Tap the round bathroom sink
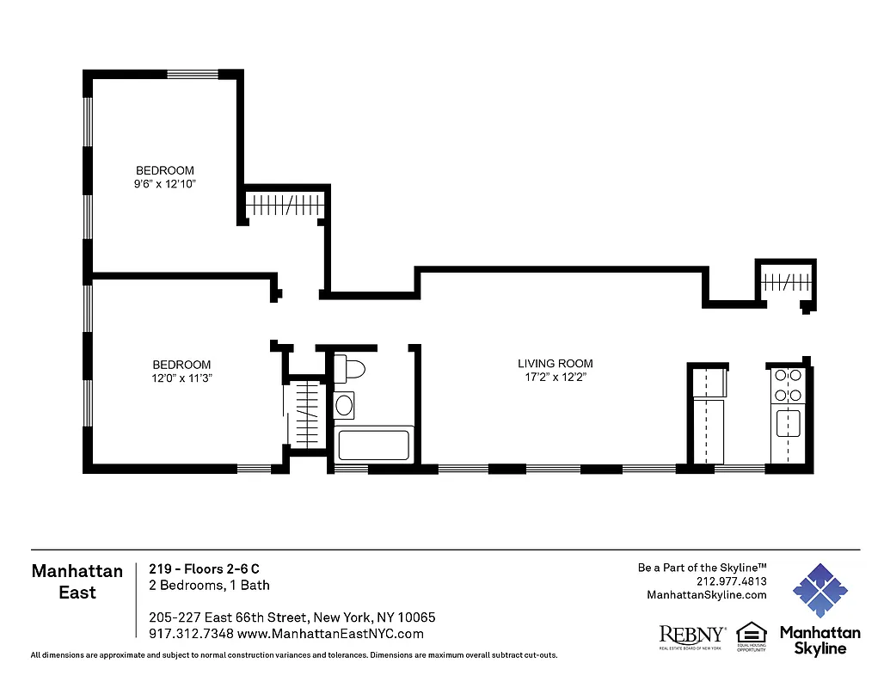tap(345, 404)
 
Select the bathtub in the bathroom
tap(372, 445)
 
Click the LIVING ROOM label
tap(555, 364)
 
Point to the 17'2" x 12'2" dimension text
tap(555, 378)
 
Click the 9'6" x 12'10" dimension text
tap(164, 185)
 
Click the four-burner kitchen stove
tap(788, 384)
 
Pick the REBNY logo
tap(691, 635)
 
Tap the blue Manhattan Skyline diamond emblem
tap(819, 592)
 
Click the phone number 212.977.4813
tap(732, 580)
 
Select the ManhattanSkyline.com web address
tap(706, 595)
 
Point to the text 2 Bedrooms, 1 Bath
tap(209, 586)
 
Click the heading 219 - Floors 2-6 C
tap(204, 568)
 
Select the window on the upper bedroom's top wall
tap(193, 74)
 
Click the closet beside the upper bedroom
tap(285, 205)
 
